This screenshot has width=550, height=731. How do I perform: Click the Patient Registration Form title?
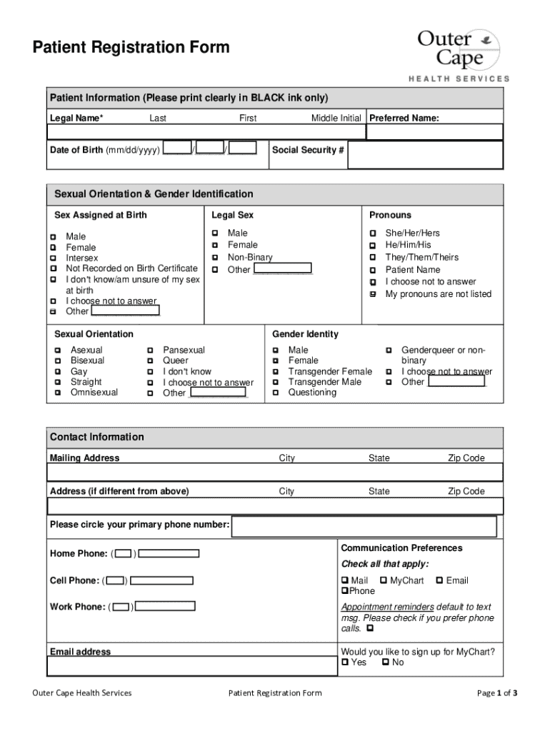(131, 48)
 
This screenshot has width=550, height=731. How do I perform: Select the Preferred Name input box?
(434, 132)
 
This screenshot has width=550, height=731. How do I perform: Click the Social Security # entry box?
(425, 154)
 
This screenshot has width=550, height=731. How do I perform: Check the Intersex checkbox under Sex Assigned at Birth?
(53, 258)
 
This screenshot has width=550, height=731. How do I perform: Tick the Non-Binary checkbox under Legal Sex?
(214, 258)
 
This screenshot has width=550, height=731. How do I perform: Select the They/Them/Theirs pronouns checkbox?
(372, 258)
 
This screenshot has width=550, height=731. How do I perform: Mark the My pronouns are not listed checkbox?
(372, 294)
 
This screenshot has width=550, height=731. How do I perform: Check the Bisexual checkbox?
(57, 361)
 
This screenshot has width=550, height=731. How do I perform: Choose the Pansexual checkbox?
(150, 351)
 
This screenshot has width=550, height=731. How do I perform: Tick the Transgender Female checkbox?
(275, 372)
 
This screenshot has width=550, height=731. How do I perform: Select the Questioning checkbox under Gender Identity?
(275, 393)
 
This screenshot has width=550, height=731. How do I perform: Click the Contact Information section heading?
(97, 437)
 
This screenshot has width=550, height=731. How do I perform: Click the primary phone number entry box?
(364, 527)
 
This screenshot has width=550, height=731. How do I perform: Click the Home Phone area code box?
(124, 554)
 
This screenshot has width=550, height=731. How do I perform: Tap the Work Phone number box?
(165, 607)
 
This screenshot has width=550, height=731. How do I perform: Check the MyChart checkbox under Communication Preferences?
(384, 581)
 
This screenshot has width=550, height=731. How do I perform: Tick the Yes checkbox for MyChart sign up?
(345, 662)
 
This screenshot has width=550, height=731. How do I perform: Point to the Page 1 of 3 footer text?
(497, 693)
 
